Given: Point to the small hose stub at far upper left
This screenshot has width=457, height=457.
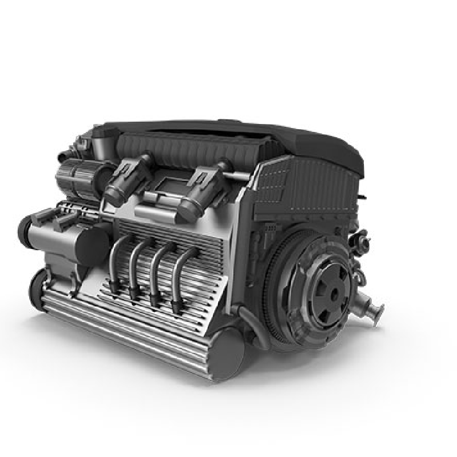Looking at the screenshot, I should (63, 154).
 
